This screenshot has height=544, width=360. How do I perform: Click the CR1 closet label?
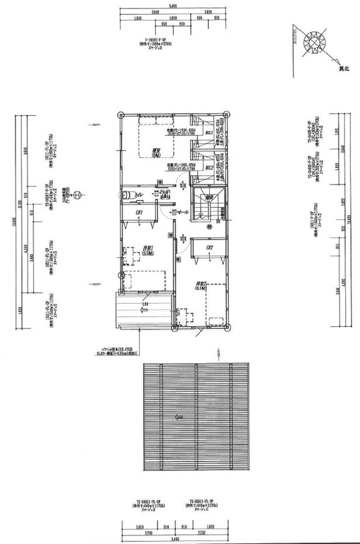pos(139,211)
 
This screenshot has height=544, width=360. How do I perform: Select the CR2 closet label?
pos(209,247)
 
